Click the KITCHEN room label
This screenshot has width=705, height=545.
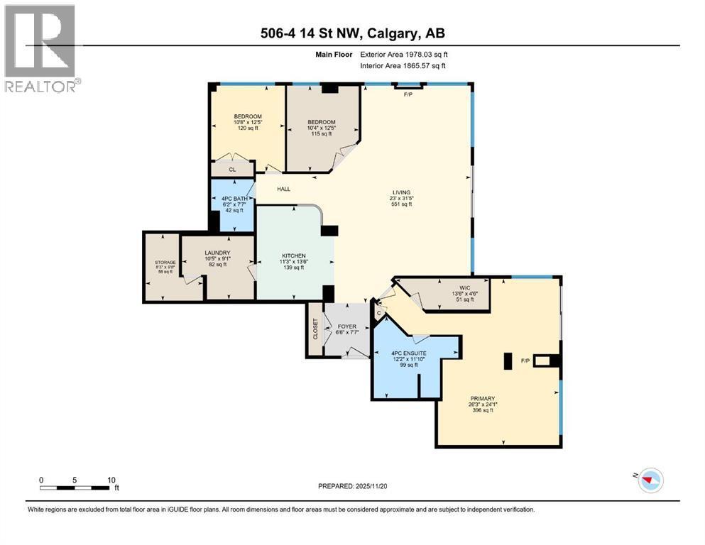click(293, 255)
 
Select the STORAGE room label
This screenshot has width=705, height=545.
click(165, 262)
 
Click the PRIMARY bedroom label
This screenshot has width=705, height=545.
click(481, 399)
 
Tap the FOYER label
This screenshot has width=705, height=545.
click(346, 327)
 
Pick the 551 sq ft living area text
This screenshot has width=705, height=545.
click(402, 204)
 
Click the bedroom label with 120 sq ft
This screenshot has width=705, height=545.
click(248, 116)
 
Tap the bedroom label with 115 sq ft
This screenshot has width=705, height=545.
click(321, 122)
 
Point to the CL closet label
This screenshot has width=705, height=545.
click(232, 170)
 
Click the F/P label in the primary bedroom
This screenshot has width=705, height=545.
click(525, 361)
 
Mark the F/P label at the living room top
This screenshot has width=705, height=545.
click(408, 94)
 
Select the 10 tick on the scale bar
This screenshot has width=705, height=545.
click(111, 480)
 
